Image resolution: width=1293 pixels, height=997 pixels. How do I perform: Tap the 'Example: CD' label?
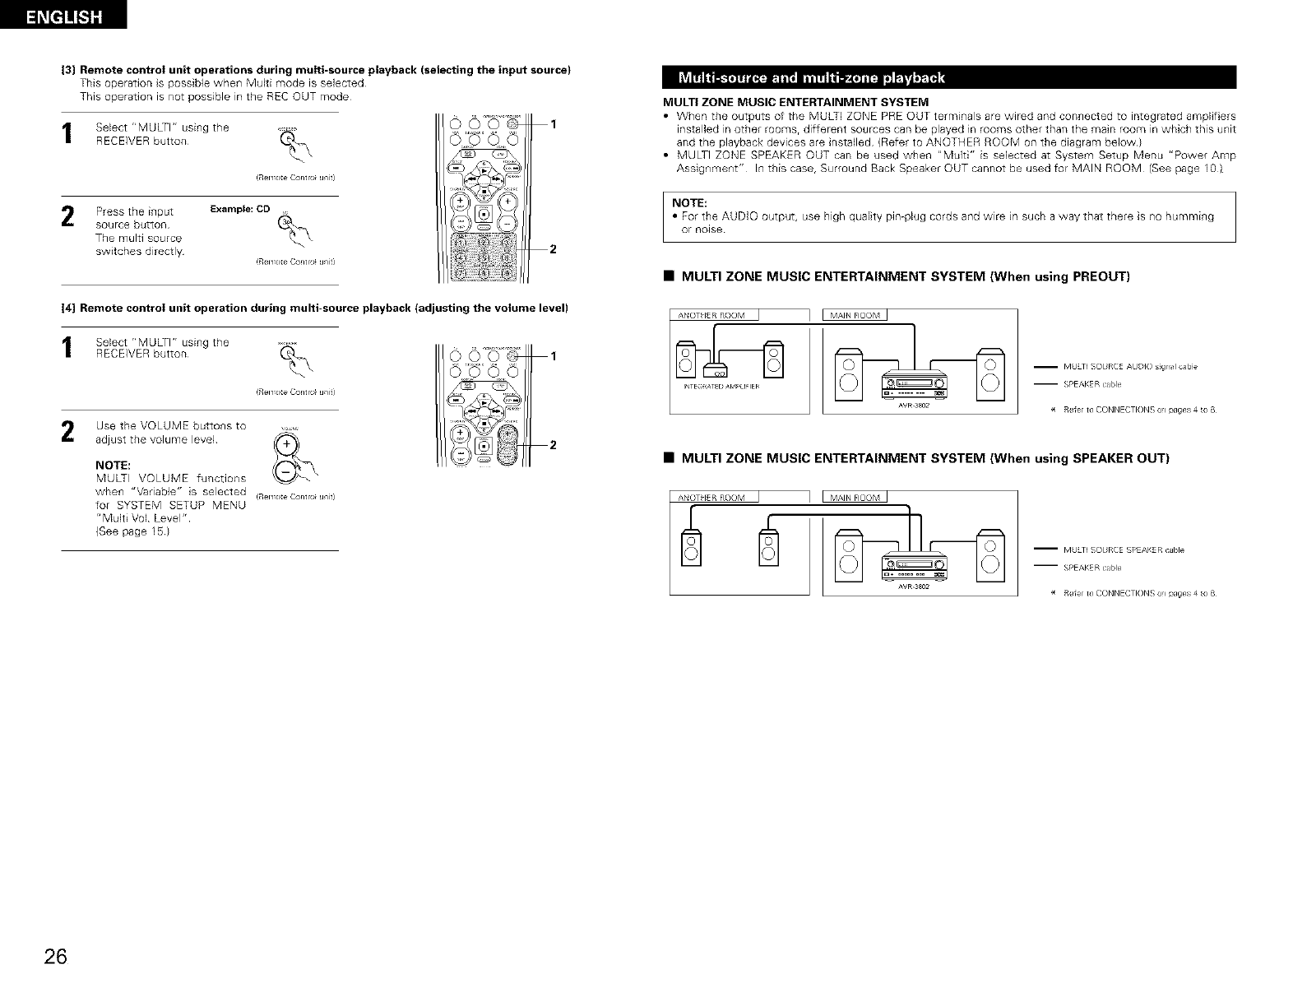click(x=239, y=209)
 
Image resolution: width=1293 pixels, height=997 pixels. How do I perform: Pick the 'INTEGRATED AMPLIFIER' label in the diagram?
click(x=721, y=386)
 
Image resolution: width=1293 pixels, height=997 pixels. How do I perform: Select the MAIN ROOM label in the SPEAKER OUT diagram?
click(x=855, y=497)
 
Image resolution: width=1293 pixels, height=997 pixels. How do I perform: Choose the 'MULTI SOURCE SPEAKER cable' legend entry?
click(x=1129, y=550)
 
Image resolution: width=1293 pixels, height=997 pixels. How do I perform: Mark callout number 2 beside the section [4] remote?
click(x=554, y=445)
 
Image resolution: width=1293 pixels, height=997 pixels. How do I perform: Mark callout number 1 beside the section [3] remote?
click(x=554, y=124)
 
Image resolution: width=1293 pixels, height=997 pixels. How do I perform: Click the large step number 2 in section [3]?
click(x=69, y=217)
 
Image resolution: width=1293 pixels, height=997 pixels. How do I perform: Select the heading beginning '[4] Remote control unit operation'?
click(x=316, y=308)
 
